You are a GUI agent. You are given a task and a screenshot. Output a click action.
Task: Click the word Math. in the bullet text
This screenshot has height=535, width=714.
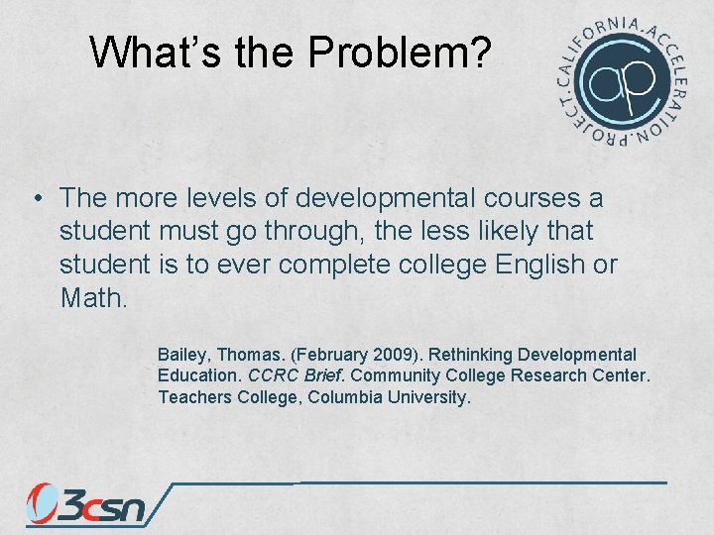pyautogui.click(x=93, y=297)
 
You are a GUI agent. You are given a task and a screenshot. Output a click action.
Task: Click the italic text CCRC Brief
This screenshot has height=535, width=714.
pyautogui.click(x=297, y=376)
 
